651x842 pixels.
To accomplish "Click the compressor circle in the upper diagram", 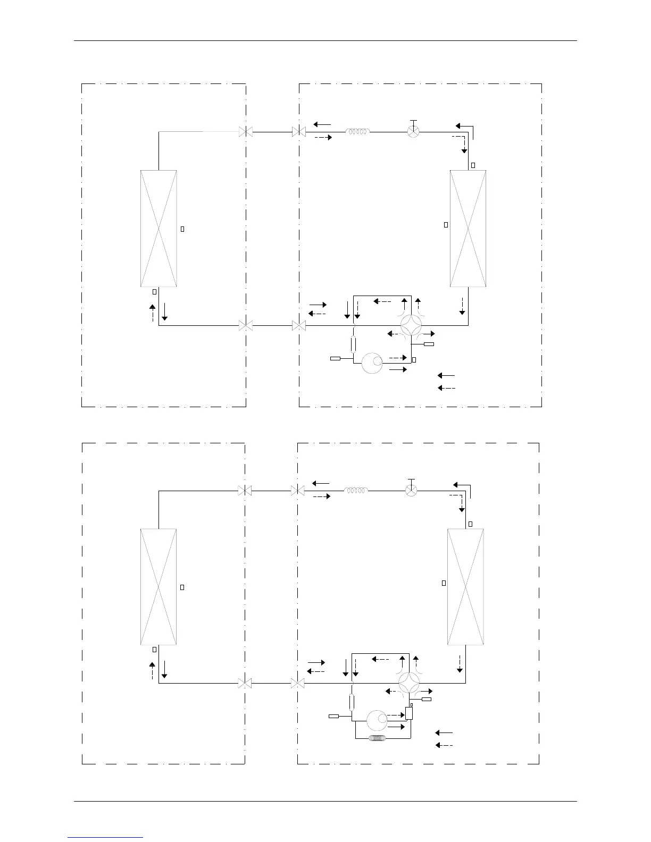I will (372, 363).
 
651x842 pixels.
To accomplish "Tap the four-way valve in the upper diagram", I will (411, 325).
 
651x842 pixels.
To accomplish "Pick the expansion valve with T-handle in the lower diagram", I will (411, 490).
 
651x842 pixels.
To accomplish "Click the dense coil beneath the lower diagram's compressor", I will (379, 738).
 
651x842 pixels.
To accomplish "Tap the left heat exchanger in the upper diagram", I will (158, 229).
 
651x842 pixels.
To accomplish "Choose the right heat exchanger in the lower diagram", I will (466, 586).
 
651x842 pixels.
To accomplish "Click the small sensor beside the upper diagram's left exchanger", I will (182, 229).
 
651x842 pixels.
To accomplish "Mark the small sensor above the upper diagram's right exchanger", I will (473, 165).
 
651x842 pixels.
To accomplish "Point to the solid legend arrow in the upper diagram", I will (446, 375).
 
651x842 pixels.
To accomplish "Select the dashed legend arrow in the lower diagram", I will (444, 745).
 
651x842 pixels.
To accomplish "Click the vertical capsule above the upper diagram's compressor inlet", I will (354, 344).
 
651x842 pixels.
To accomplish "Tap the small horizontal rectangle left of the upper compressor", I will (335, 359).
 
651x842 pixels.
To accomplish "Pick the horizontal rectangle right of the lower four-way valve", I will (427, 699).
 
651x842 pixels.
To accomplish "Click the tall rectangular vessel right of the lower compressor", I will (409, 713).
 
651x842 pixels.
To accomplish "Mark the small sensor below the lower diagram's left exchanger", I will (154, 649).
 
